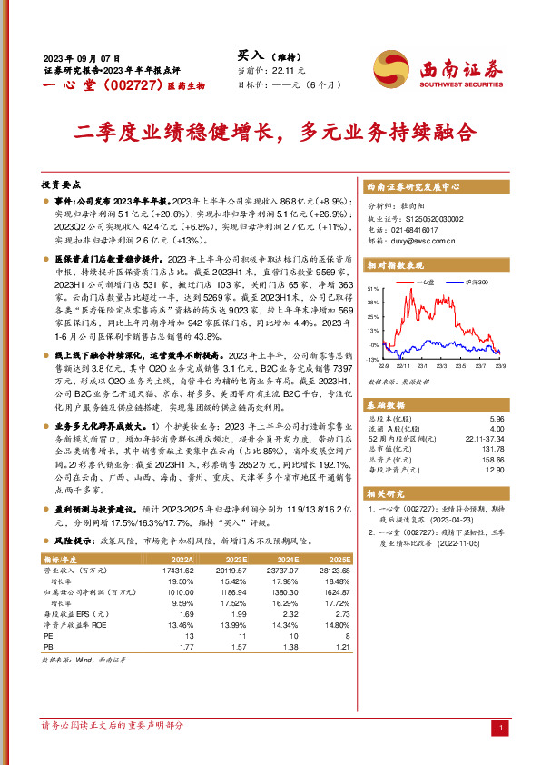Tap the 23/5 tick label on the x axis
458,366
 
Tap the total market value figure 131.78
491,448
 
